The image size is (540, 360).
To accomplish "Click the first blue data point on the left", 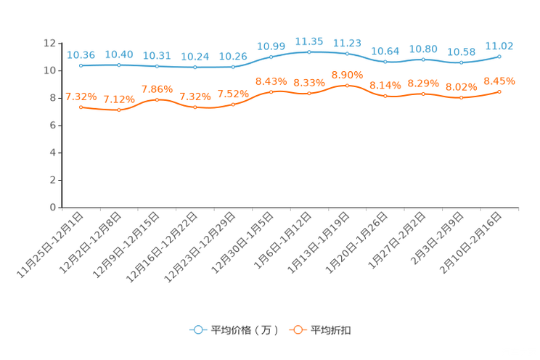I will click(x=81, y=65).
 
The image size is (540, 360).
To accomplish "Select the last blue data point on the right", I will click(x=499, y=56).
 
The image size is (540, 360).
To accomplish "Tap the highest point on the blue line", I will click(x=309, y=52).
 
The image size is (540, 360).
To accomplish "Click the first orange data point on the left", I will click(x=81, y=107).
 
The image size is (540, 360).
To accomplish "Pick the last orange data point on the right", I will click(x=499, y=91).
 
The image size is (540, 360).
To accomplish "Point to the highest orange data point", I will click(x=347, y=85).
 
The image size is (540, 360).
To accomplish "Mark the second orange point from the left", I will click(x=119, y=110).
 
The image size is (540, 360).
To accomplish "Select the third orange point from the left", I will click(x=157, y=99).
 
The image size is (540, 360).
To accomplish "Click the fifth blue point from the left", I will click(x=233, y=67).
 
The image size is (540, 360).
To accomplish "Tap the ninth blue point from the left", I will click(x=385, y=62).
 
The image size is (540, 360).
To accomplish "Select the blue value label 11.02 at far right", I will click(x=499, y=45).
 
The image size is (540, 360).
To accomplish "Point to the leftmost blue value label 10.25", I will click(x=81, y=54).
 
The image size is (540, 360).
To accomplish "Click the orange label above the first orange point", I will click(x=81, y=96).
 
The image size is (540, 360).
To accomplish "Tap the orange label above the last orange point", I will click(x=499, y=80).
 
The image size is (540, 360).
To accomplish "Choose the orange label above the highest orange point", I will click(x=347, y=74).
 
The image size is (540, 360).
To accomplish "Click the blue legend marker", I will click(x=197, y=330).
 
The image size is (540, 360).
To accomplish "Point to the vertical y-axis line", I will click(x=59, y=123).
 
